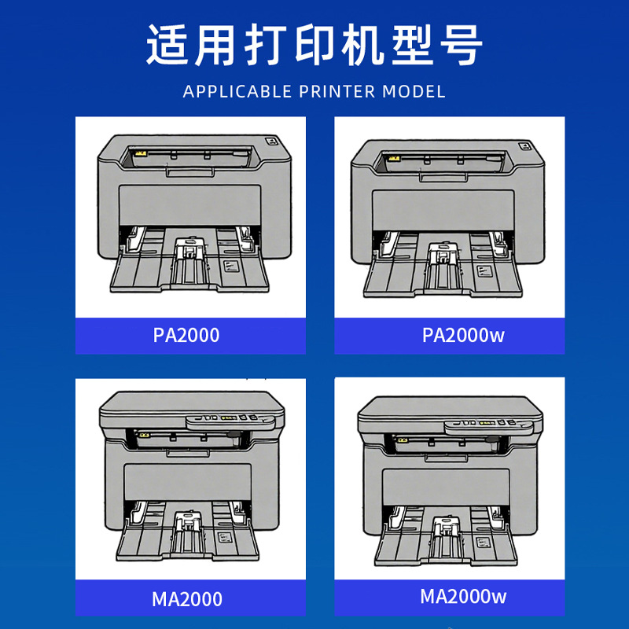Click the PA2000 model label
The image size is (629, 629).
[x=186, y=336]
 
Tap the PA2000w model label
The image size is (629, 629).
[x=463, y=336]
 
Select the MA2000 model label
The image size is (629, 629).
[x=187, y=600]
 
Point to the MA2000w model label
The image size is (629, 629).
[x=463, y=597]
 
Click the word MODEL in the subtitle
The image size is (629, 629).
[x=414, y=91]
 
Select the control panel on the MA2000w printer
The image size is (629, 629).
[x=487, y=425]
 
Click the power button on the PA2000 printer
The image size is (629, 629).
[x=271, y=143]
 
